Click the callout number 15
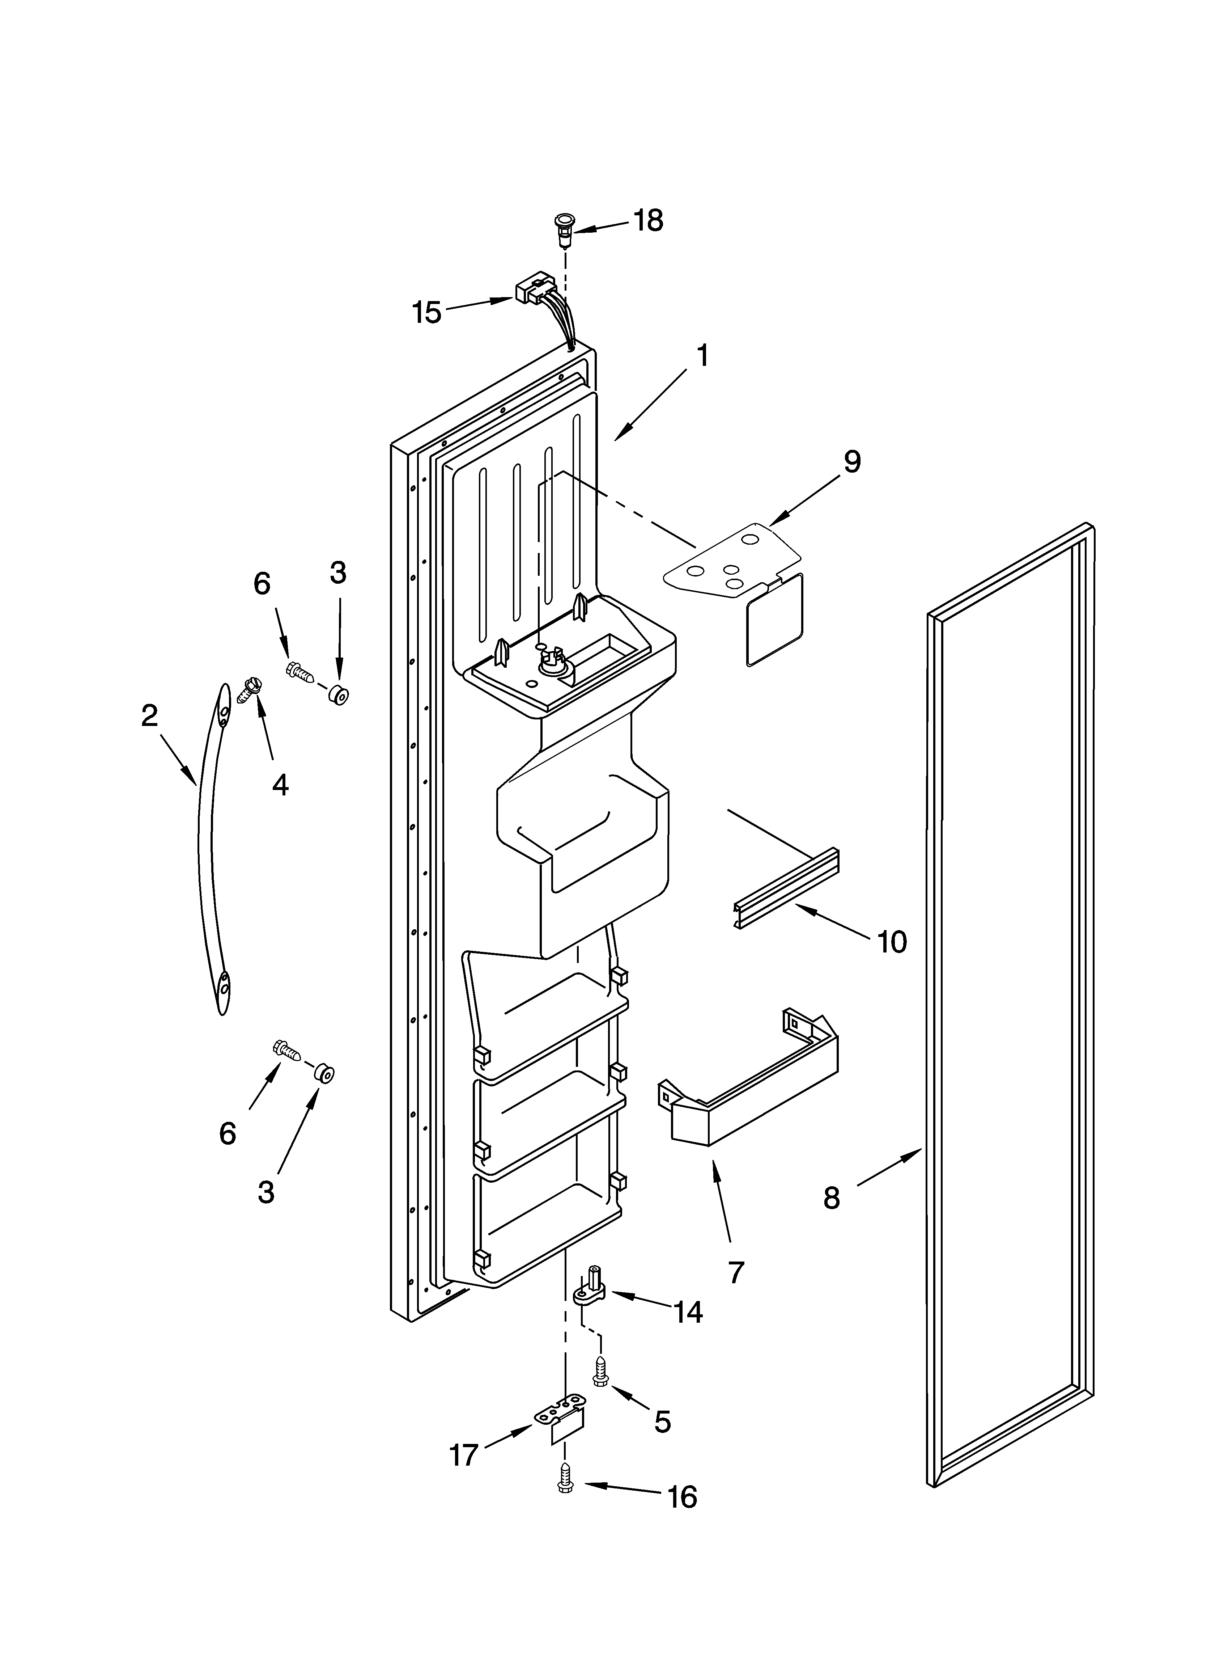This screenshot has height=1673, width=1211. point(426,313)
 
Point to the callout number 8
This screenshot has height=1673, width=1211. point(831,1198)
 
